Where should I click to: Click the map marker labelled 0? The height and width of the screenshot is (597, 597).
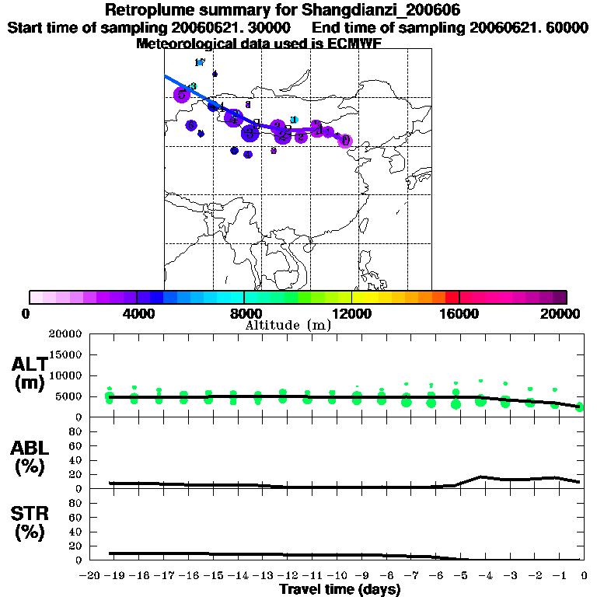click(345, 141)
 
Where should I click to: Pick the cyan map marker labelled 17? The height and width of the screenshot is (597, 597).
click(200, 63)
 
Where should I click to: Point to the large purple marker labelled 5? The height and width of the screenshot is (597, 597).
click(182, 95)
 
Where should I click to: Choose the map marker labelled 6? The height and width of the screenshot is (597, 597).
click(191, 125)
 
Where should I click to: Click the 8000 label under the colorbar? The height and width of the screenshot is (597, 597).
click(243, 313)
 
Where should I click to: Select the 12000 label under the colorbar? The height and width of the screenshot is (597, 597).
click(351, 313)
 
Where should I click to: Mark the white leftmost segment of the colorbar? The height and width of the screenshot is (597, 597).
click(36, 297)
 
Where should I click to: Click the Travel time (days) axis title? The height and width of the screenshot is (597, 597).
click(340, 589)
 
